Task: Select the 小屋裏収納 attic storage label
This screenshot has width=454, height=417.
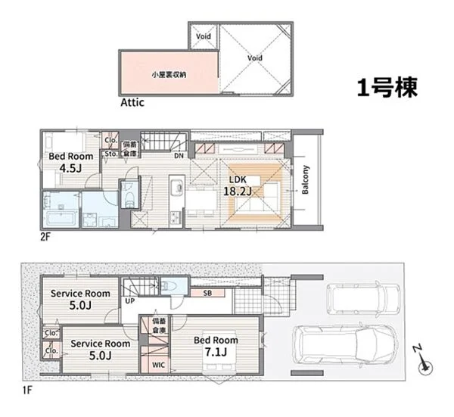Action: point(169,74)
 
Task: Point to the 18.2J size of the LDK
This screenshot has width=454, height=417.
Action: point(237,191)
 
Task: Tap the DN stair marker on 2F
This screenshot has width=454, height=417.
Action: point(179,157)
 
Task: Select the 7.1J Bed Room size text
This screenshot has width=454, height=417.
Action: point(219,353)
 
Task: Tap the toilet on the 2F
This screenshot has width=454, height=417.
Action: point(129,196)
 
